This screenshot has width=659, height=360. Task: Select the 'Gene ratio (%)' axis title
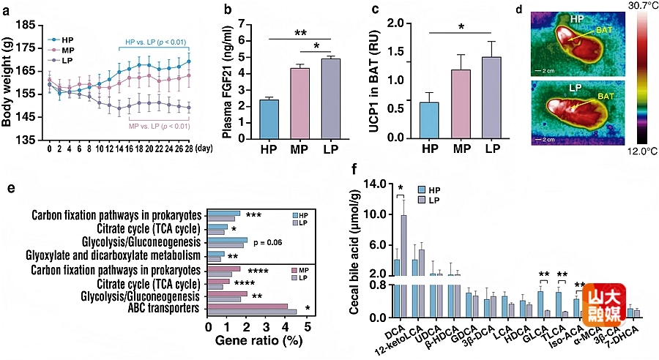pyautogui.click(x=256, y=342)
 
